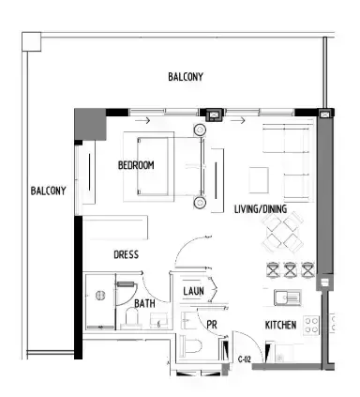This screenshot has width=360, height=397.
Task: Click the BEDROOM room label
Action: coord(136,165)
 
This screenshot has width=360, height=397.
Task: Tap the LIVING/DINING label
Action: coord(261,209)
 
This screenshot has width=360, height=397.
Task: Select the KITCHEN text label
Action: coord(280,325)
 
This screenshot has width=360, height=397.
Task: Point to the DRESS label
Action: coord(126,254)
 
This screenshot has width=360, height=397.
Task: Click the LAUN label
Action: coord(193,291)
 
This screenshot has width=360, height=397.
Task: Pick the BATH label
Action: coord(144,303)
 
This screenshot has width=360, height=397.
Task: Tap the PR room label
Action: coord(212,325)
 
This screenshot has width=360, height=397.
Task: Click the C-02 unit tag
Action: coord(244,359)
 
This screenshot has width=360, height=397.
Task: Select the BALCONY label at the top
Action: coord(186,77)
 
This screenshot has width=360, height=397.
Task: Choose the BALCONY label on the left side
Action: coord(48,191)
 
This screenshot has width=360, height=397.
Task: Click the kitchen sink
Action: coord(288,298)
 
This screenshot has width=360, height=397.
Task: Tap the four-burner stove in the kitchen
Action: coord(312,325)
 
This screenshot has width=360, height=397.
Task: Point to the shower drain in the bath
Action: coord(100,296)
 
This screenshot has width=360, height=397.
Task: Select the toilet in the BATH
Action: coord(132,317)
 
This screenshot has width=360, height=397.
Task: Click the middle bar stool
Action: coord(290,269)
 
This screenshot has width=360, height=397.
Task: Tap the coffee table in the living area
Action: coord(259,180)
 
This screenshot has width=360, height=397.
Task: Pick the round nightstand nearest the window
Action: coord(200,130)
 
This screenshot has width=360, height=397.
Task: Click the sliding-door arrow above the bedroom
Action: coord(142,120)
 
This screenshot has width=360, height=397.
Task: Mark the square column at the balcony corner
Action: coord(32,41)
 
